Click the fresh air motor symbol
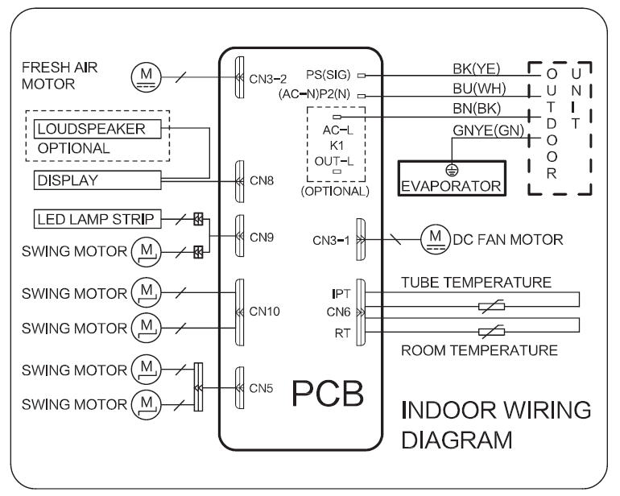pos(145,77)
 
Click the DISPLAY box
pos(96,180)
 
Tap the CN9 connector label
pos(262,238)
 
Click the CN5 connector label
pos(262,387)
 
